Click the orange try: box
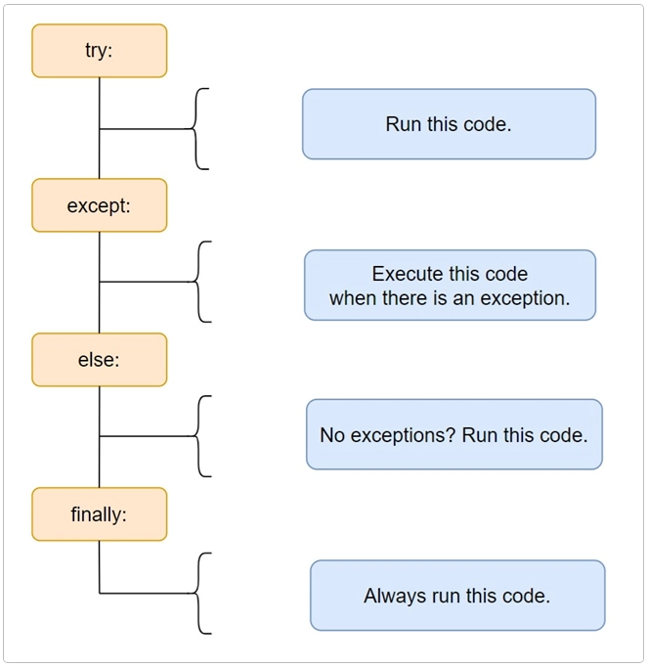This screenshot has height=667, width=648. click(99, 51)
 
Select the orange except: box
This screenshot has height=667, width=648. click(99, 205)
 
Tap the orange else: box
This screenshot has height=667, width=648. click(99, 360)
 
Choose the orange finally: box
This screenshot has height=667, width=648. click(99, 514)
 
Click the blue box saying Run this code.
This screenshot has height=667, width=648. click(449, 124)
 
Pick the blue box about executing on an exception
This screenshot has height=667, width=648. click(450, 286)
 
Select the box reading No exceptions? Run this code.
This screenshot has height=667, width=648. click(454, 434)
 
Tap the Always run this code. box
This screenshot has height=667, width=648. click(457, 595)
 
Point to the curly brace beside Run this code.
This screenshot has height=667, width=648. click(199, 128)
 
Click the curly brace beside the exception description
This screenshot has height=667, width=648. click(199, 282)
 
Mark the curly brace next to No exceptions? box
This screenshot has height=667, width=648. click(199, 436)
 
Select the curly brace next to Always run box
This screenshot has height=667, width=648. click(199, 593)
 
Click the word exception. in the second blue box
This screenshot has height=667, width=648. click(528, 297)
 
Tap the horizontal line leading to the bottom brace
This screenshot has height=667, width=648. click(147, 593)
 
